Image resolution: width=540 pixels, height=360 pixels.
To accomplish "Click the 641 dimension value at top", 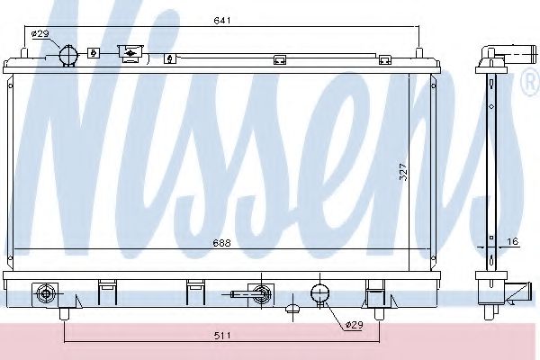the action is point(222,21).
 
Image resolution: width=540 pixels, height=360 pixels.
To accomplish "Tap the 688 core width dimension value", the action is point(221,243).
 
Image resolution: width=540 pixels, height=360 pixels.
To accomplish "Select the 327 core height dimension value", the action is point(403,172).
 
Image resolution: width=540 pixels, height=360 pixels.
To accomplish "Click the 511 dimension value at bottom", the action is point(222,335).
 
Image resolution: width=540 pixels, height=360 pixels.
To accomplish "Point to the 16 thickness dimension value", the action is point(513,241).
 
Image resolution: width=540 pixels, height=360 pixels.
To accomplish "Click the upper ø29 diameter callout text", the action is point(40,34).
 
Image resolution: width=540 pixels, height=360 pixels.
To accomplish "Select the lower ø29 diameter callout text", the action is point(355,325).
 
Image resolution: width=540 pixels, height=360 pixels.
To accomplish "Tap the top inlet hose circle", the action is point(69,55).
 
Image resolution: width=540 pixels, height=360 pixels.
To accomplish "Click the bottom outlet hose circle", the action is point(319,293).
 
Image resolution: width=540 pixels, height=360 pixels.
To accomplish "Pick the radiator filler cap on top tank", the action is point(130,54).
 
